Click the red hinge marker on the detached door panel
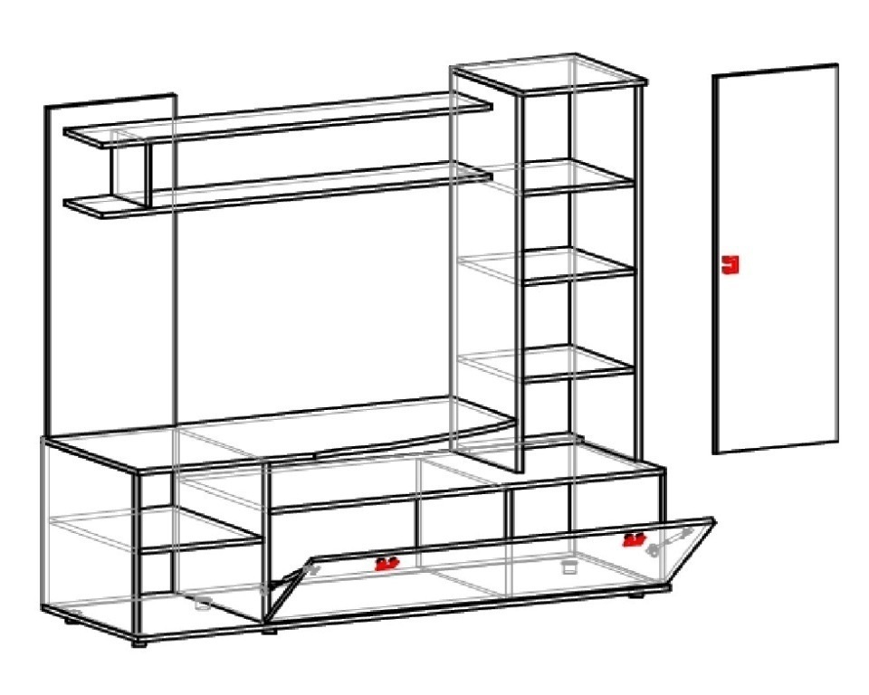tap(731, 264)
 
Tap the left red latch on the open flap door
tap(387, 564)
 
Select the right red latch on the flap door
tap(634, 540)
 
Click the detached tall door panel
tap(776, 344)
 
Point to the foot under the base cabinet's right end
tap(637, 595)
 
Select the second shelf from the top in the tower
tap(579, 177)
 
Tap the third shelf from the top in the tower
tap(579, 268)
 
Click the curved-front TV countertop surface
tap(344, 430)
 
